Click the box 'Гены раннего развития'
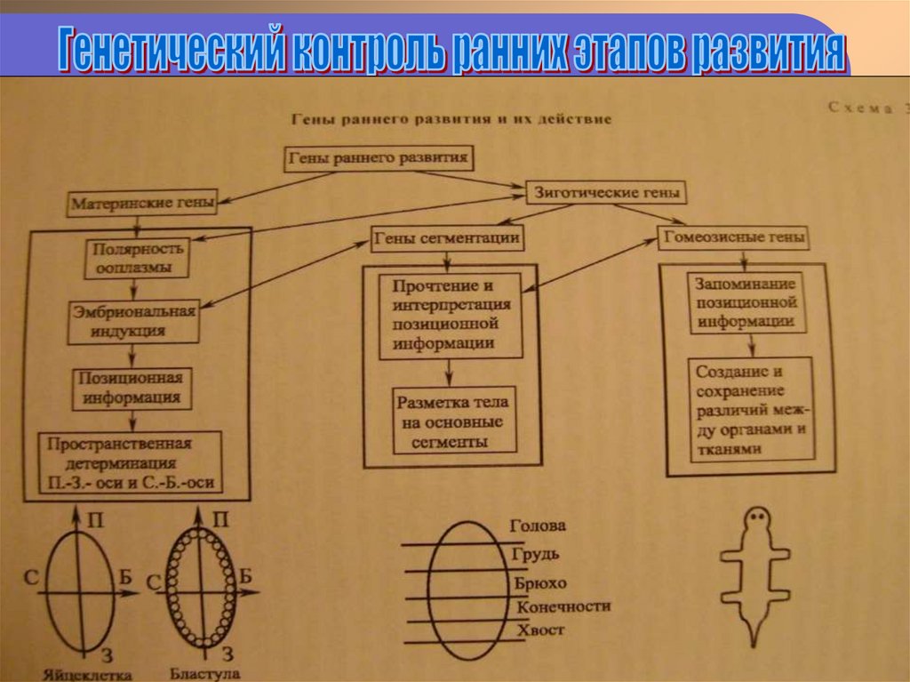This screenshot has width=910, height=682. pyautogui.click(x=379, y=159)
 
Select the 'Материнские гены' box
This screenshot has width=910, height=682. pyautogui.click(x=142, y=203)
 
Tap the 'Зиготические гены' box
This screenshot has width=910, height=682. pyautogui.click(x=608, y=191)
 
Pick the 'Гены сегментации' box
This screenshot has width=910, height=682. pyautogui.click(x=447, y=237)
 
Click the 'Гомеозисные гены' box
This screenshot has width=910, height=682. pyautogui.click(x=733, y=237)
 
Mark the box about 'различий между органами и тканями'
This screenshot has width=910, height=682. pyautogui.click(x=752, y=408)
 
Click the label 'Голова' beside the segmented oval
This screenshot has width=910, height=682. pyautogui.click(x=537, y=526)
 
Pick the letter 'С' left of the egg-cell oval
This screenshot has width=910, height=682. pyautogui.click(x=30, y=579)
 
